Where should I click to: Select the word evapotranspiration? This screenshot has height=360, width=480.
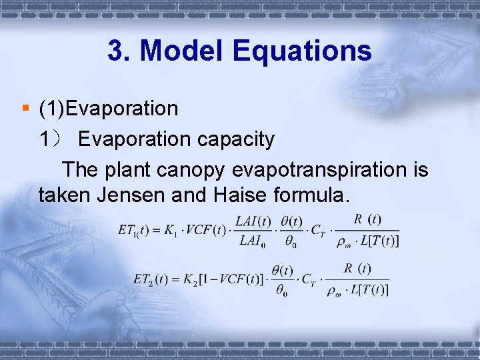(321, 170)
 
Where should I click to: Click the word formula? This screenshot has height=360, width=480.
(313, 196)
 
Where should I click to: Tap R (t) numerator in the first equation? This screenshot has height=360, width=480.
(367, 219)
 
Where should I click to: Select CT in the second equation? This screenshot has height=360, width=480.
(308, 279)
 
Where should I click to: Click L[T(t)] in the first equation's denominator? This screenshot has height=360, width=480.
(379, 241)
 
